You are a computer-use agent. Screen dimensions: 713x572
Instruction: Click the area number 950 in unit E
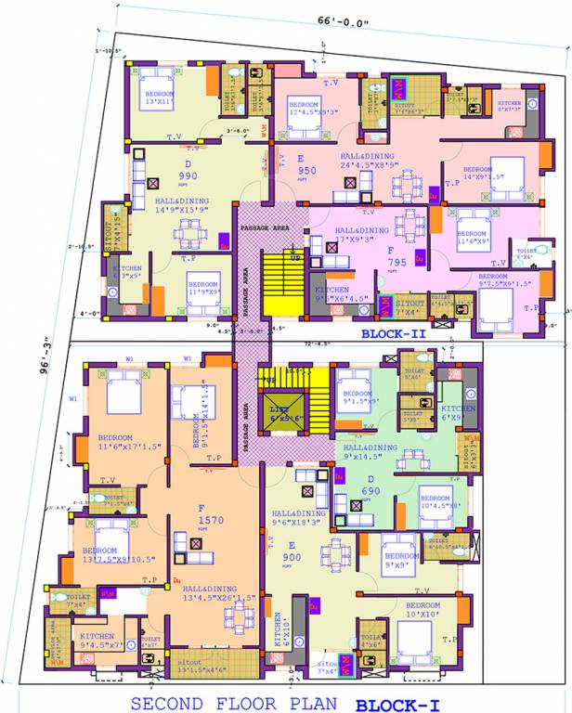point(307,171)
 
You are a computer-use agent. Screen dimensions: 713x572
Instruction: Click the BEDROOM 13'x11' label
point(159,99)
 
